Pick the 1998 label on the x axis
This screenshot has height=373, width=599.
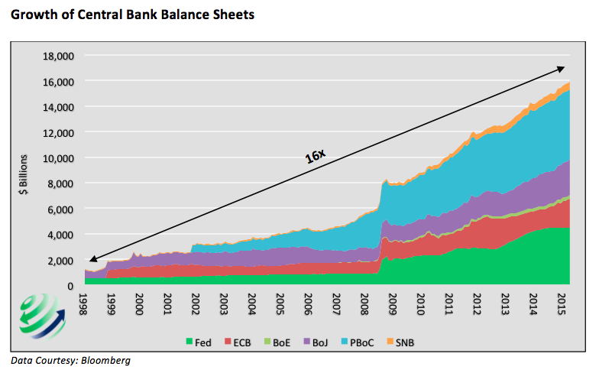[83, 303]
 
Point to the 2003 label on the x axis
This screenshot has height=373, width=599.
[223, 303]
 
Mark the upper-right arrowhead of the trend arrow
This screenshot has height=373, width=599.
[563, 67]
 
